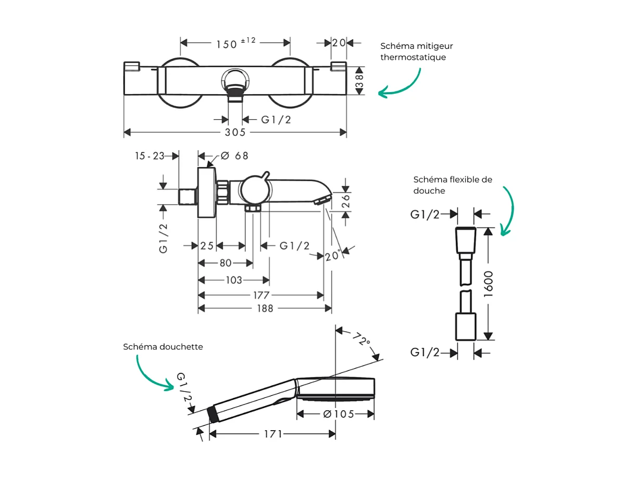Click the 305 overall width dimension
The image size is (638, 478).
[x=235, y=133]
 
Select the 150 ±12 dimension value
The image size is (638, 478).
[x=235, y=43]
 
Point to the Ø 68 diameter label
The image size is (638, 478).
[x=234, y=156]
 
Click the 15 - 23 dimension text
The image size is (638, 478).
[x=149, y=156]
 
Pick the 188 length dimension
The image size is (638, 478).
[x=265, y=308]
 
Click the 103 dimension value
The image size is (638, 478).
[x=234, y=280]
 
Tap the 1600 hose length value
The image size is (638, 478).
[x=489, y=284]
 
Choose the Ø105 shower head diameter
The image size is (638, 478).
[x=338, y=414]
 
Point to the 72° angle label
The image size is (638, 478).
[x=360, y=341]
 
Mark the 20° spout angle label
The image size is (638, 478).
[x=332, y=256]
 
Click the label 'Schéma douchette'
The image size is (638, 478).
[x=163, y=346]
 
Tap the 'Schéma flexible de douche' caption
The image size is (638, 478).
[x=452, y=185]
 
